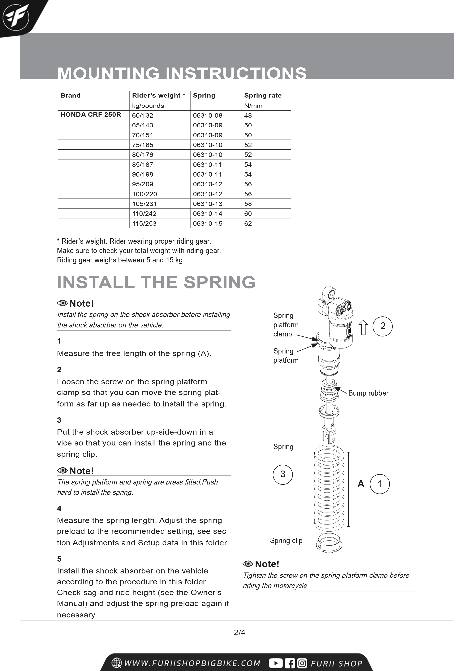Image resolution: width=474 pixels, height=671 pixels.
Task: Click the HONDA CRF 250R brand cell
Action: click(91, 115)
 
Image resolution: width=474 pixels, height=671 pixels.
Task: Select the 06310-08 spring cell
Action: click(207, 116)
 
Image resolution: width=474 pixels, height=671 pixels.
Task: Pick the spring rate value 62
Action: click(248, 224)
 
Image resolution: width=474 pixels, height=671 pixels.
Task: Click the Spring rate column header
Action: click(263, 96)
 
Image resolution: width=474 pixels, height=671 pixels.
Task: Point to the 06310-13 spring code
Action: click(207, 204)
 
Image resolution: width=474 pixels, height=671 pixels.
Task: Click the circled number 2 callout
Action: click(383, 326)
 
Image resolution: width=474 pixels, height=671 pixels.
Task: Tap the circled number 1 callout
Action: click(380, 484)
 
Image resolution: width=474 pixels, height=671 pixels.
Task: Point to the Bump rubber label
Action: click(368, 393)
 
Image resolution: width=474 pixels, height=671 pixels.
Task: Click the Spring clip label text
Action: click(286, 541)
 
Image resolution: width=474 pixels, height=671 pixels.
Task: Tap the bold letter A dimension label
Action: click(361, 484)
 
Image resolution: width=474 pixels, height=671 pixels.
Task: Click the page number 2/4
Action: click(239, 632)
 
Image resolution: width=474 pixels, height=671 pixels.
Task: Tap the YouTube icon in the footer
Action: click(275, 663)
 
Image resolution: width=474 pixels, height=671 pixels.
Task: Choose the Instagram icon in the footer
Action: click(302, 663)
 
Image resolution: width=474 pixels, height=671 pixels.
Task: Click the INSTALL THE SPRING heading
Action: click(156, 282)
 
